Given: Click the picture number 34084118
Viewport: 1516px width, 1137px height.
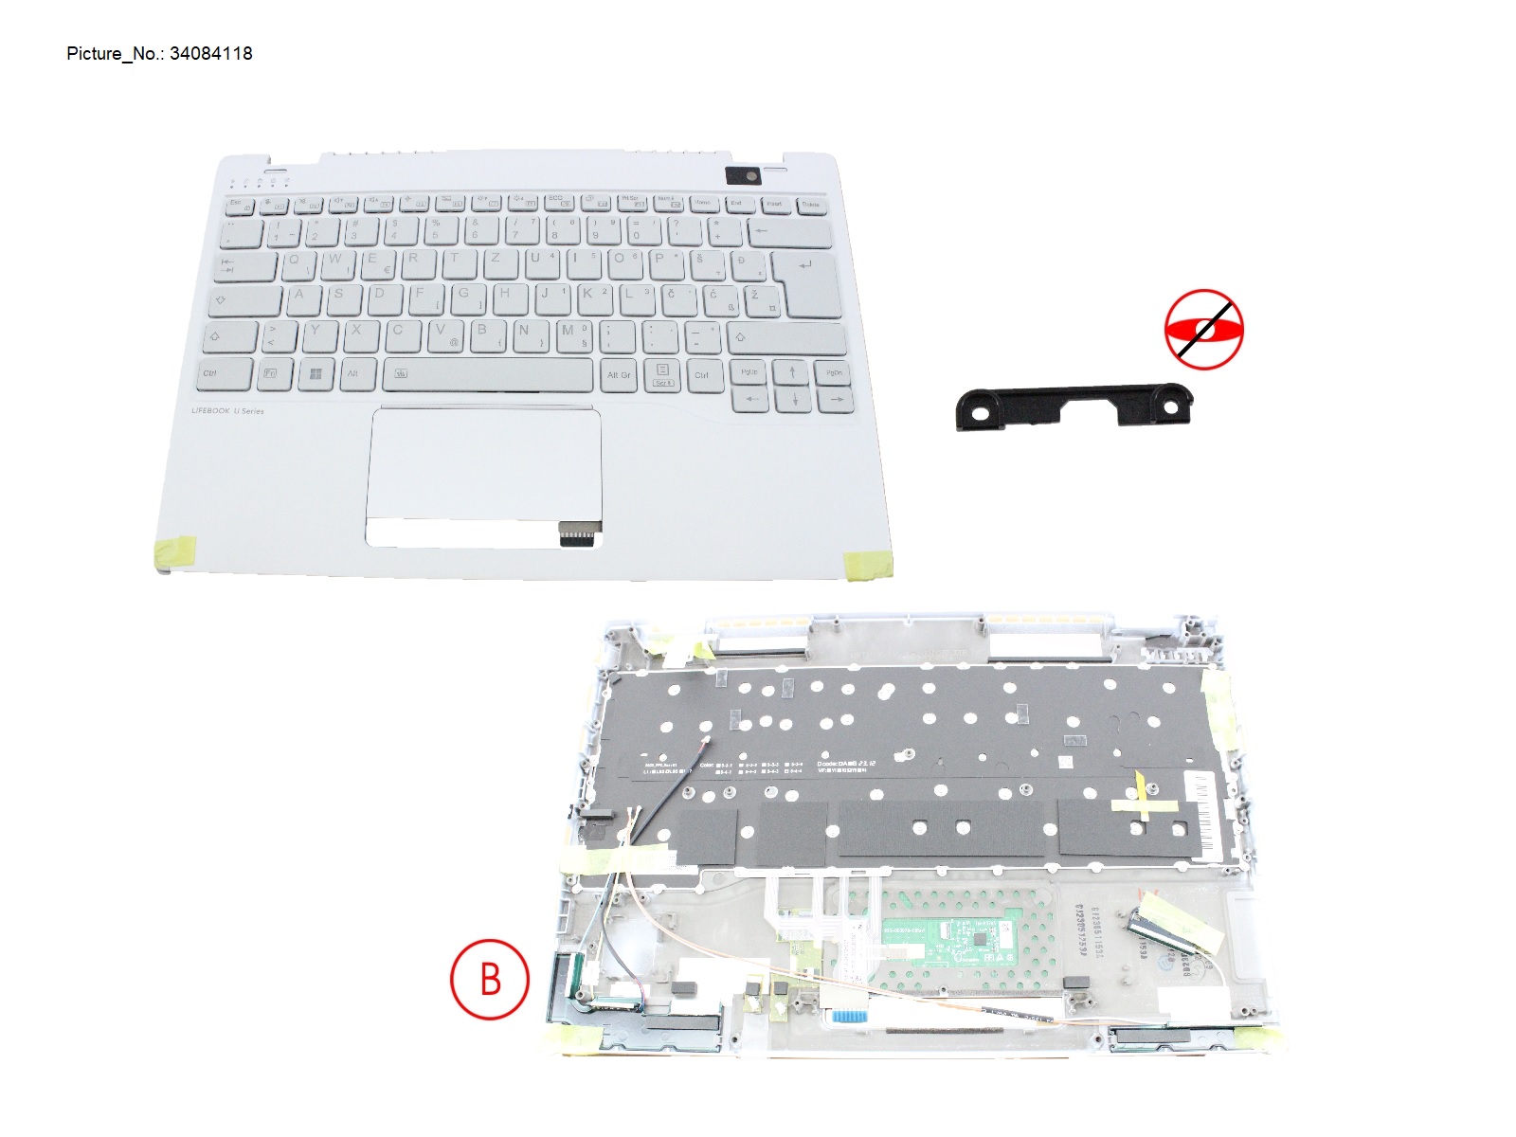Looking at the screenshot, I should [x=210, y=54].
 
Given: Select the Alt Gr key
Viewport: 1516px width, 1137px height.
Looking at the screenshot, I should [x=619, y=373].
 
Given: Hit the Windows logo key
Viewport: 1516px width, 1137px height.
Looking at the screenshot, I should [x=316, y=373].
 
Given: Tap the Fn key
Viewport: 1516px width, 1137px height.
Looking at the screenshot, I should [x=271, y=373].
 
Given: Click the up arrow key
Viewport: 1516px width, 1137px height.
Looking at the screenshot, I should [x=793, y=370].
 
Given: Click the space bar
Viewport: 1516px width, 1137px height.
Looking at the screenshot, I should [x=487, y=373].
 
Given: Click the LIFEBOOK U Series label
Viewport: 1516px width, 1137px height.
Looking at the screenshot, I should [x=227, y=411].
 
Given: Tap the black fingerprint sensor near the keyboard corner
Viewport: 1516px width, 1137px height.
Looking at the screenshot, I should [x=741, y=174].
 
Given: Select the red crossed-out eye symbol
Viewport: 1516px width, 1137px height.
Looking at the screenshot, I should [x=1203, y=329].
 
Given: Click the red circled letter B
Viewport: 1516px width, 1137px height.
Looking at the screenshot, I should [x=489, y=979].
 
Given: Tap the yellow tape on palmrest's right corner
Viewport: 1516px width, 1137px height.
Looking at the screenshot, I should [x=868, y=565].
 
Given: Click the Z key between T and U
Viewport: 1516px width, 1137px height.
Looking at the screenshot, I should [x=496, y=261].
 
